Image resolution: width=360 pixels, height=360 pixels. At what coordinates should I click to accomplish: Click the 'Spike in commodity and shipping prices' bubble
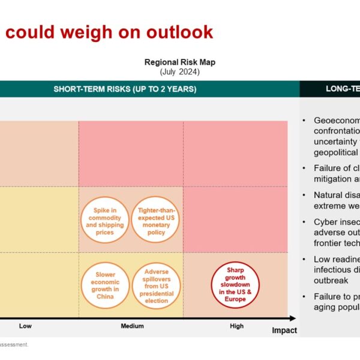point(104,220)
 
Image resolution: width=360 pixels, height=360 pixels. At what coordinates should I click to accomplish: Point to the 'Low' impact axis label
point(25,326)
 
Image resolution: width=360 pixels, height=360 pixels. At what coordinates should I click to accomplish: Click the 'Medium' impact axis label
point(132,326)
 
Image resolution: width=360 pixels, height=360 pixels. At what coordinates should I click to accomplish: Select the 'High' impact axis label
point(236,326)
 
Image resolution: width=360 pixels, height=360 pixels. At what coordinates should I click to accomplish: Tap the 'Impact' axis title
point(284,331)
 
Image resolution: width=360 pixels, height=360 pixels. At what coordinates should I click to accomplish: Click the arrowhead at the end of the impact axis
point(293,318)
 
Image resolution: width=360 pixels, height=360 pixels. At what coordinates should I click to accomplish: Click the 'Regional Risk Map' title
point(179,62)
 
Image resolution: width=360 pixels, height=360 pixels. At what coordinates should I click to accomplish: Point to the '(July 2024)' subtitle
point(179,71)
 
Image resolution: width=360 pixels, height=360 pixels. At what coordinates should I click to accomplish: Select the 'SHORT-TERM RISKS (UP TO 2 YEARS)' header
point(125,89)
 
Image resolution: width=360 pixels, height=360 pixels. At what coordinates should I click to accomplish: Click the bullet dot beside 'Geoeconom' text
point(305,120)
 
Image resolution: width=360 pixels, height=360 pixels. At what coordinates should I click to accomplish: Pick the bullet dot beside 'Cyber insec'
point(305,222)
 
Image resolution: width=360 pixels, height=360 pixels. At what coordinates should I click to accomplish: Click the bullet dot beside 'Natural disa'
point(305,195)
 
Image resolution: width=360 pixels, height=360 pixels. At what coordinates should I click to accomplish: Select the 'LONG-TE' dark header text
point(343,89)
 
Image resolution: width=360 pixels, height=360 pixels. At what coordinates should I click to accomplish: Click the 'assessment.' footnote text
point(14,344)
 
